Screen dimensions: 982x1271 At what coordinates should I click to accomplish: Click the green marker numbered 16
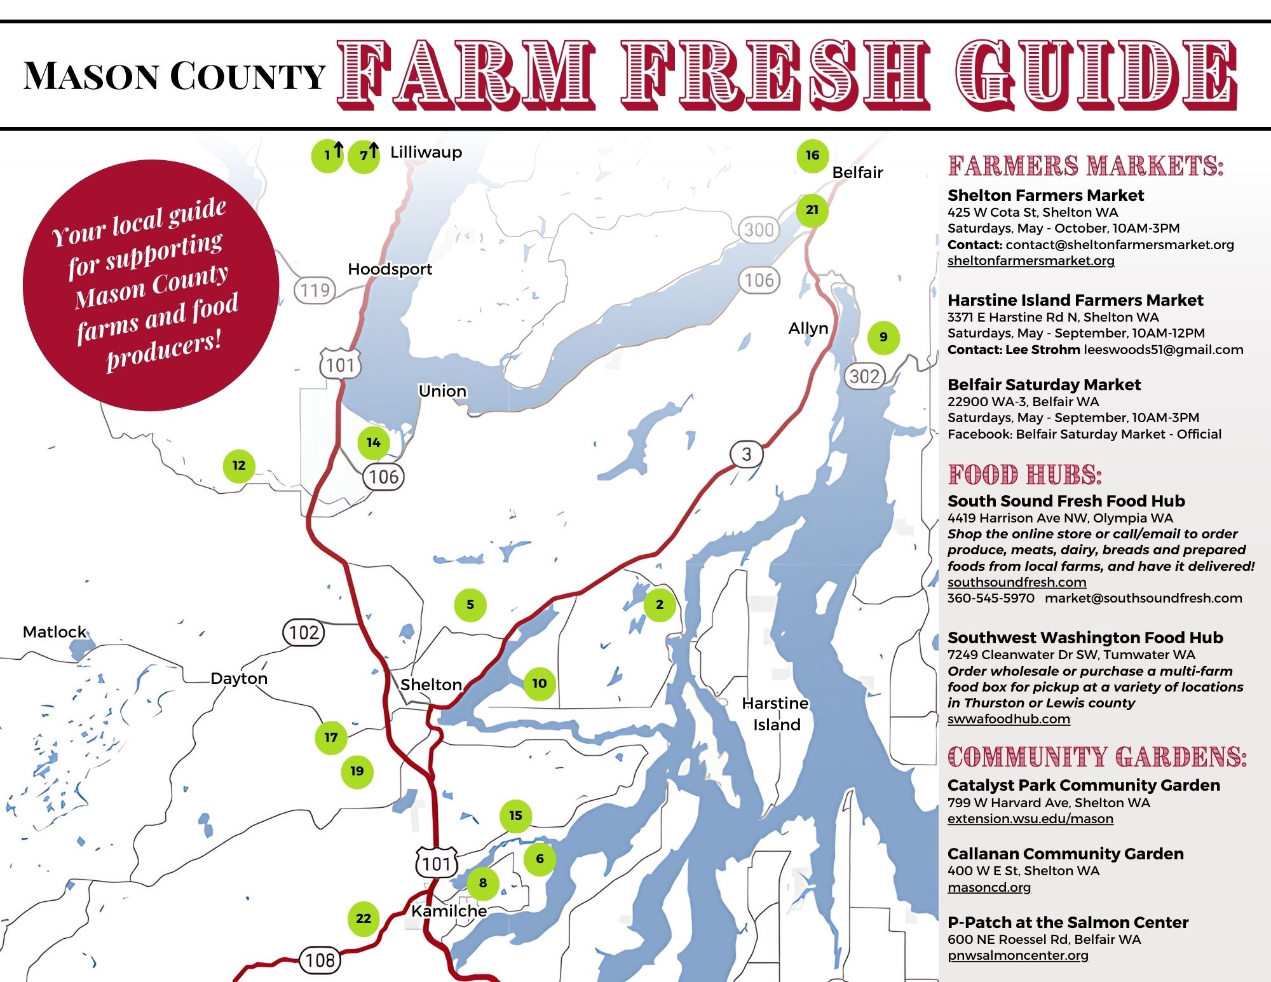[x=812, y=155]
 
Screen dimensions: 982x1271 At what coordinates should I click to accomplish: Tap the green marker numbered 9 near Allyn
[x=883, y=337]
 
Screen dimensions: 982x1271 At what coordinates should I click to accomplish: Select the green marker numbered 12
[x=239, y=466]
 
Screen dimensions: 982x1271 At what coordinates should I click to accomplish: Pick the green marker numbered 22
[x=364, y=918]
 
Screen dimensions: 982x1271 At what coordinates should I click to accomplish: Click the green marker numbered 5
[x=470, y=604]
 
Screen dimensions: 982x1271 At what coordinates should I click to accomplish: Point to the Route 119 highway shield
[x=315, y=290]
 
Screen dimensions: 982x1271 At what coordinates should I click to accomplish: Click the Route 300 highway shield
[x=759, y=229]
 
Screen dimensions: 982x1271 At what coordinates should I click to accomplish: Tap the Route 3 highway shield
[x=746, y=454]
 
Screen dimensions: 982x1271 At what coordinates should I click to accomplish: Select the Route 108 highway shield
[x=320, y=960]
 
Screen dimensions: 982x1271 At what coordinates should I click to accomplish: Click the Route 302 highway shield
[x=864, y=376]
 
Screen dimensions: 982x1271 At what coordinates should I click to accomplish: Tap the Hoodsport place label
[x=390, y=269]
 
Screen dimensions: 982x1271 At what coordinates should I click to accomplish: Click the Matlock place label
[x=54, y=632]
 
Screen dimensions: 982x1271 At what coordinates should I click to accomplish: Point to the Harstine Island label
[x=776, y=714]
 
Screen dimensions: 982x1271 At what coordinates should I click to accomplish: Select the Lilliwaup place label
[x=426, y=152]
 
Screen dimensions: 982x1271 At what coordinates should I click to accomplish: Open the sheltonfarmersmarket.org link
[x=1030, y=261]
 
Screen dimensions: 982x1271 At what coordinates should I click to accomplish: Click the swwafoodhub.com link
[x=1009, y=719]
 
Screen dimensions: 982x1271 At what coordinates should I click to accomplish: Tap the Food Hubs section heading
[x=1024, y=475]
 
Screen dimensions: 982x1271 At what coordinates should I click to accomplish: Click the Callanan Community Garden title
[x=1065, y=854]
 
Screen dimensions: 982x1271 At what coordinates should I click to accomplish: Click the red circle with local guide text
[x=151, y=285]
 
